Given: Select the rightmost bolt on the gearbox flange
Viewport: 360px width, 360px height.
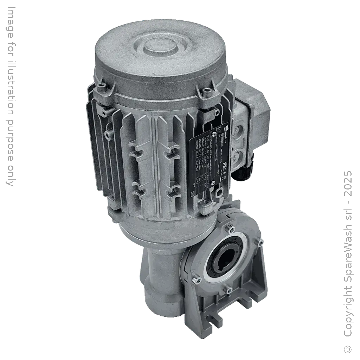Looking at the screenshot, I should tap(260, 243).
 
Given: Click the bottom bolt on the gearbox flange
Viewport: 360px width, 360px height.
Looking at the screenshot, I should tap(229, 290).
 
